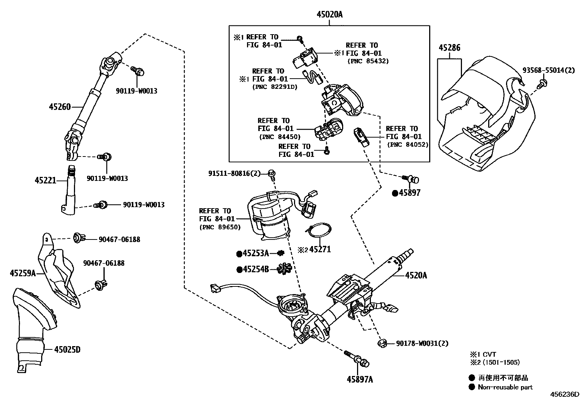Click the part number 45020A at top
(x=329, y=15)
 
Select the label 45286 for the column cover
(x=449, y=48)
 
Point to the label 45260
(x=60, y=107)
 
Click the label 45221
(x=46, y=180)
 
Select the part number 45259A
(x=23, y=273)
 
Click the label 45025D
(x=67, y=350)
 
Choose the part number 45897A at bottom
(x=360, y=380)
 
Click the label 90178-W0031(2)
(x=422, y=343)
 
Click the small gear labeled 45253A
(x=280, y=253)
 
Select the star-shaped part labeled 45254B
(x=284, y=269)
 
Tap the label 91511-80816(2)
(x=234, y=174)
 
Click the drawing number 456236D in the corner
(x=564, y=395)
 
